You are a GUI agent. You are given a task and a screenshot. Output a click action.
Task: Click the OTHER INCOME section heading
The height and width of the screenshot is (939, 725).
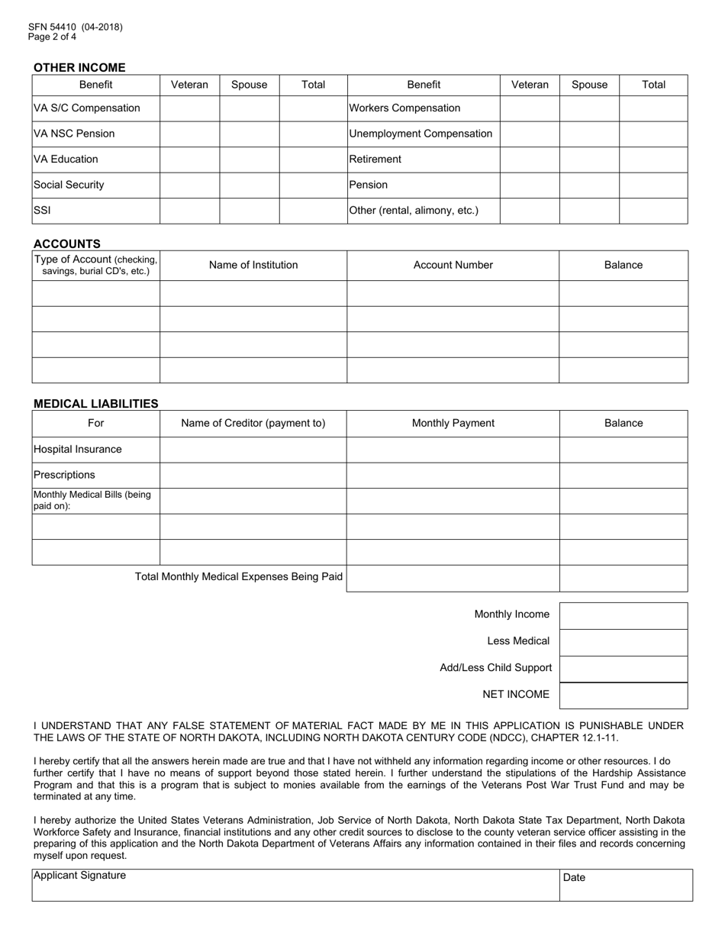point(79,67)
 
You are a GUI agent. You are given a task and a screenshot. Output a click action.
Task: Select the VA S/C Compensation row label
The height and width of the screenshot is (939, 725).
point(87,108)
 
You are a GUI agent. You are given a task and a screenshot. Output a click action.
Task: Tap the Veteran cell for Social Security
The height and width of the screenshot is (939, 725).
point(189,185)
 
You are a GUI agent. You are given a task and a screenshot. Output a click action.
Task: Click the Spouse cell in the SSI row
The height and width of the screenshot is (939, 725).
point(249,211)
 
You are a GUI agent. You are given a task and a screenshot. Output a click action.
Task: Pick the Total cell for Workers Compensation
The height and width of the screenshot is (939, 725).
point(653,108)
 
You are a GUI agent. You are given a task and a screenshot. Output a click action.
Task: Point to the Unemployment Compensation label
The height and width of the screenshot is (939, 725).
point(420,134)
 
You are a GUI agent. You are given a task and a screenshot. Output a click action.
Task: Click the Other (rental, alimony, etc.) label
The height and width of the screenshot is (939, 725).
point(414,211)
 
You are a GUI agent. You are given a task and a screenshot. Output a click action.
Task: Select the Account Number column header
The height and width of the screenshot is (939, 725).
point(453,266)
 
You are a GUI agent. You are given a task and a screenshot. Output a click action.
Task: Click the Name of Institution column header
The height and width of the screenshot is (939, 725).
point(253,266)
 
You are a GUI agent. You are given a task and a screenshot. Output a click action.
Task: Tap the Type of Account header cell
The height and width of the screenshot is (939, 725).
point(95,265)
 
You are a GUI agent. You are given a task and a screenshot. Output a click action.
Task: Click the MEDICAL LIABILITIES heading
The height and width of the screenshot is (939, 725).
point(96,403)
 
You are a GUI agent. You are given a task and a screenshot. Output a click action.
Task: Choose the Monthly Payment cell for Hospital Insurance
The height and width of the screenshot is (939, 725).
point(453,450)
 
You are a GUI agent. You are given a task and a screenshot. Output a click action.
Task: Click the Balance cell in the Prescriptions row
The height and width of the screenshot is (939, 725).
point(623,475)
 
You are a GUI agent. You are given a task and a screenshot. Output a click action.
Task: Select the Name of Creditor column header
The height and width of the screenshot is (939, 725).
point(253,423)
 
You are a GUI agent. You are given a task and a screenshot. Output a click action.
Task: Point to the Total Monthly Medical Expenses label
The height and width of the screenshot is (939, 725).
point(238,577)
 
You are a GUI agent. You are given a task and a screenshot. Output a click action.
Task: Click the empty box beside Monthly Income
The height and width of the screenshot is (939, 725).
point(623,615)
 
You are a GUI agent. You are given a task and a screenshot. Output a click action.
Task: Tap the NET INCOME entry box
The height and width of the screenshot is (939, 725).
point(623,695)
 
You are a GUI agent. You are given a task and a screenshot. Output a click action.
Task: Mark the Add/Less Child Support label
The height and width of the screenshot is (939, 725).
point(495,668)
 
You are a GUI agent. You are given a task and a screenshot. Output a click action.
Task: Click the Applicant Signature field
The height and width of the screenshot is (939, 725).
point(295,886)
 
